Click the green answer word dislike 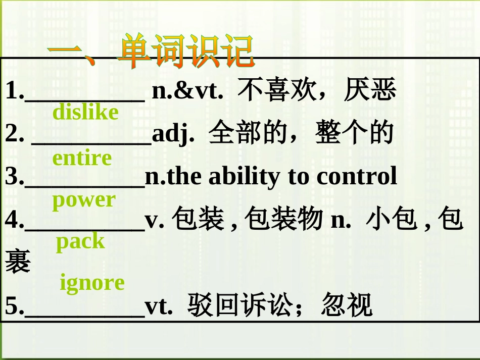pos(85,112)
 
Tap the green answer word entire pos(82,158)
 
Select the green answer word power pos(84,200)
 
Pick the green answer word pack pos(80,242)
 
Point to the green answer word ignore pos(92,283)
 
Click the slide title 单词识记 pos(185,51)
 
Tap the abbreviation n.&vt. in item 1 pos(187,91)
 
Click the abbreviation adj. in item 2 pos(173,134)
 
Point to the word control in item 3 pos(356,176)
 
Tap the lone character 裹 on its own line pos(18,262)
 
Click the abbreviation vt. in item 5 pos(159,305)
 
